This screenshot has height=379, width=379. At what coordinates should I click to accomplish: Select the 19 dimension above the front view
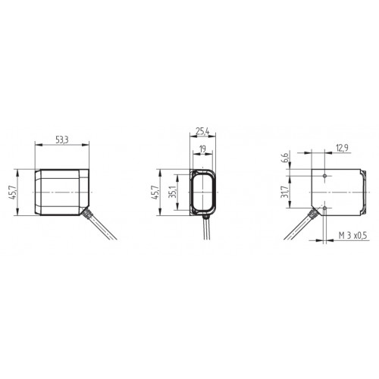(202, 150)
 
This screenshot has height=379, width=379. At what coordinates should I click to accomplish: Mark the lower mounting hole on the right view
(325, 206)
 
